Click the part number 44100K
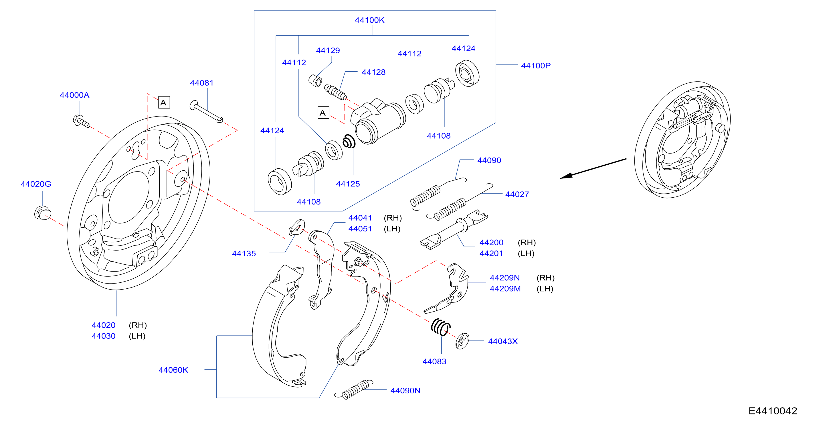369,20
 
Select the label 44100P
536,66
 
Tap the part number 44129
328,51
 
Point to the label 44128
374,72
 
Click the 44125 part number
348,184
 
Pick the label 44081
202,83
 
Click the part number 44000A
75,95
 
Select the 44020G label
36,184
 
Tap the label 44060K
173,370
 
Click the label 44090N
405,391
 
